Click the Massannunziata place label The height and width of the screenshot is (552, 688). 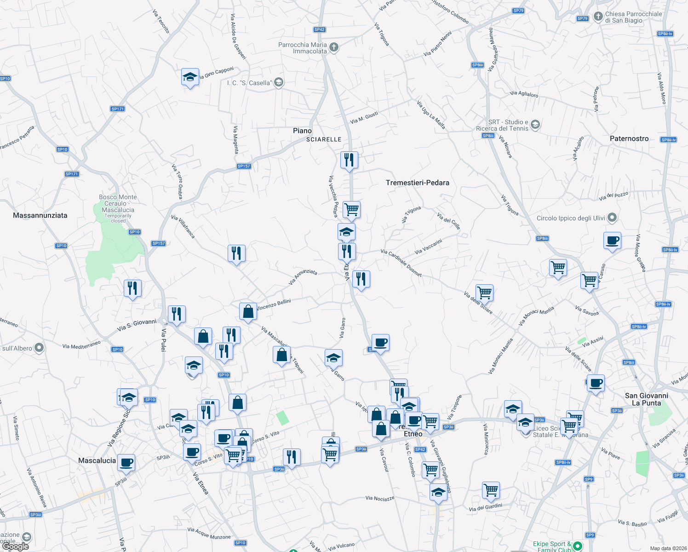tap(40, 215)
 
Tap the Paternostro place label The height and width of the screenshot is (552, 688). tap(629, 138)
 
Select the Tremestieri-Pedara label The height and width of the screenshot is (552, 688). tap(417, 183)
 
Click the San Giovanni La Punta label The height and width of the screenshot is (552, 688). tap(646, 399)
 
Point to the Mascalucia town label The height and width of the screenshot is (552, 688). tap(97, 460)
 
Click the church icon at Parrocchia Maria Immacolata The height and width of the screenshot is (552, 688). tap(334, 47)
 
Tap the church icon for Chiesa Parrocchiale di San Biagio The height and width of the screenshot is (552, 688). tap(598, 17)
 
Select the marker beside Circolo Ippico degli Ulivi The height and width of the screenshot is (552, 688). tap(612, 218)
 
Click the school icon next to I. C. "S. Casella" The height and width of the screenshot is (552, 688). tap(279, 82)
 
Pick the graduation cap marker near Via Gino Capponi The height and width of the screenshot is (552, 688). tap(190, 77)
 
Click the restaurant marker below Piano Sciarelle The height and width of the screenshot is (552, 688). tap(349, 160)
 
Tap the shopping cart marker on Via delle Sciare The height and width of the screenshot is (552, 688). tap(485, 292)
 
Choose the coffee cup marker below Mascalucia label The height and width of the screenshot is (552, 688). tap(126, 462)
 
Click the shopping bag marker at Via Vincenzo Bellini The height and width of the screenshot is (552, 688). tap(248, 311)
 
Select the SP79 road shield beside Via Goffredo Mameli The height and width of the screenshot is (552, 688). tap(518, 11)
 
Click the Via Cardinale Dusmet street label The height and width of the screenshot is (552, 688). tap(401, 263)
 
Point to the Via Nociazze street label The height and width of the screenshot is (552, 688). tap(380, 498)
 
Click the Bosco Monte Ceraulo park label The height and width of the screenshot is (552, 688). tap(118, 204)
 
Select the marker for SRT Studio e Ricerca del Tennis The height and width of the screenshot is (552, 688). tap(535, 125)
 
